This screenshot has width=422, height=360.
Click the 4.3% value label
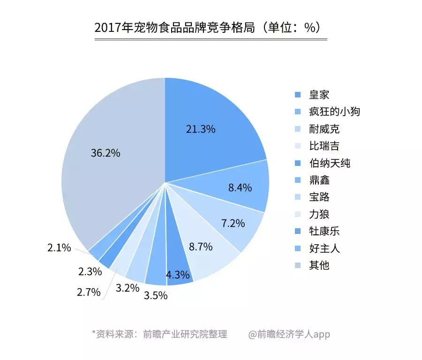coord(178,275)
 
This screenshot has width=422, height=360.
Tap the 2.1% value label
coord(59,248)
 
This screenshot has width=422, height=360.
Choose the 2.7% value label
coord(89,292)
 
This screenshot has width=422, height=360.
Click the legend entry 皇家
coord(319,95)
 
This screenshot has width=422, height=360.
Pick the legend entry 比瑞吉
coord(324,146)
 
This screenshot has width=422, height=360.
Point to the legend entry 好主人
coord(324,248)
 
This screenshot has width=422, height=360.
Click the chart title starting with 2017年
coord(211,28)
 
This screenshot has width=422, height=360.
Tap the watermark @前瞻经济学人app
coord(289,334)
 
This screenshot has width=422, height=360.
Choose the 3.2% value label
coord(127,287)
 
